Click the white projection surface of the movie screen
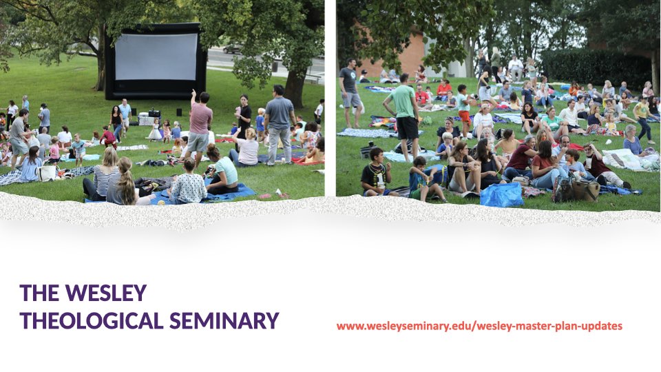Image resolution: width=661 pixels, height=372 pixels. pyautogui.click(x=156, y=56)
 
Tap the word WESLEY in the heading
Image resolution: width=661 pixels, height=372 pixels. pyautogui.click(x=106, y=293)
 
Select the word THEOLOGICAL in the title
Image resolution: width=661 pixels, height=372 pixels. pyautogui.click(x=92, y=320)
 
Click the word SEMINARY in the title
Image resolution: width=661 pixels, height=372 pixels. pyautogui.click(x=224, y=320)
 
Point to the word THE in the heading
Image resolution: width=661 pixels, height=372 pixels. pyautogui.click(x=39, y=293)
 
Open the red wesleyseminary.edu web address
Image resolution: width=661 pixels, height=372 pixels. pyautogui.click(x=479, y=326)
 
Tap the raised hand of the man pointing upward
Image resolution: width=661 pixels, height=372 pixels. pyautogui.click(x=193, y=92)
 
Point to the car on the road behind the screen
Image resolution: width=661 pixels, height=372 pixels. pyautogui.click(x=232, y=50)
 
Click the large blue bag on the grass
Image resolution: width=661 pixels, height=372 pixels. pyautogui.click(x=502, y=194)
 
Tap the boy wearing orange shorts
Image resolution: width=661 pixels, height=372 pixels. pyautogui.click(x=464, y=110)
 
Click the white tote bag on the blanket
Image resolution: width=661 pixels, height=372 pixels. pyautogui.click(x=47, y=172)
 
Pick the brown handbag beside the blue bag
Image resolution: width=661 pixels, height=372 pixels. pyautogui.click(x=586, y=190)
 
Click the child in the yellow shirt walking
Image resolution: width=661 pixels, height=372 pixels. pyautogui.click(x=643, y=119)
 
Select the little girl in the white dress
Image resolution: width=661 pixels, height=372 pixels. pyautogui.click(x=155, y=131)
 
